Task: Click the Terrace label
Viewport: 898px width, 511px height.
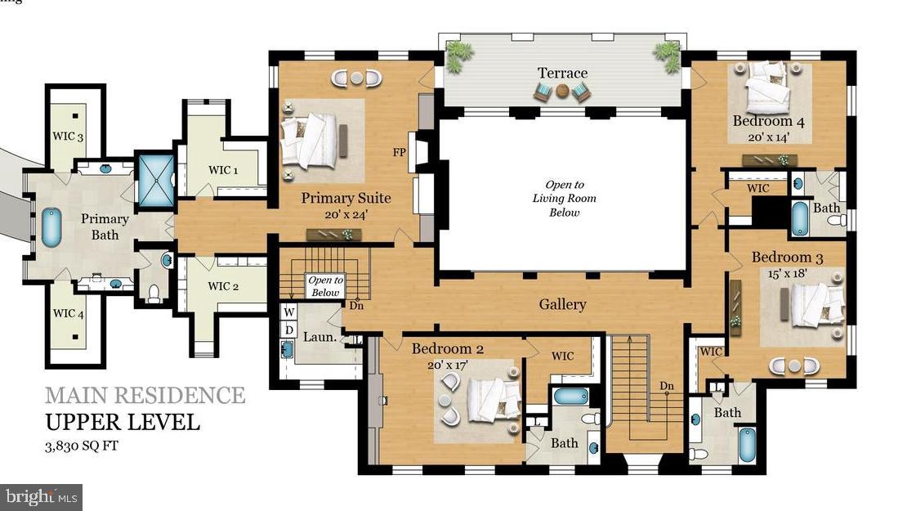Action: tap(562, 73)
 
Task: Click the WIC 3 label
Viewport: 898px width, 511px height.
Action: tap(69, 137)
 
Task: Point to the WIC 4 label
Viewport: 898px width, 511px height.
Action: tap(69, 314)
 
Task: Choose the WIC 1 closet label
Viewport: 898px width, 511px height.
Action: tap(223, 171)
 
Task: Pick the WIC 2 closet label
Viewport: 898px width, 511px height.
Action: tap(223, 286)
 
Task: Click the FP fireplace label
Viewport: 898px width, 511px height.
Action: tap(400, 153)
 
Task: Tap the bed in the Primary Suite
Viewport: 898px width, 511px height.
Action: tap(315, 140)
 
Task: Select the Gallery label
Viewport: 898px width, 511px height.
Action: tap(562, 304)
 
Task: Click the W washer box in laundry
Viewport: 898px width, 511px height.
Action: tap(288, 312)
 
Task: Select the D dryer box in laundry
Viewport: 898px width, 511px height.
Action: tap(288, 329)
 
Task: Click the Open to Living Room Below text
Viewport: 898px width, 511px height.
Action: tap(564, 199)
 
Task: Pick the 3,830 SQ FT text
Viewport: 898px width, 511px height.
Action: tap(89, 447)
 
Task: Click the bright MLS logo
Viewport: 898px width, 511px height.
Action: tap(41, 496)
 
